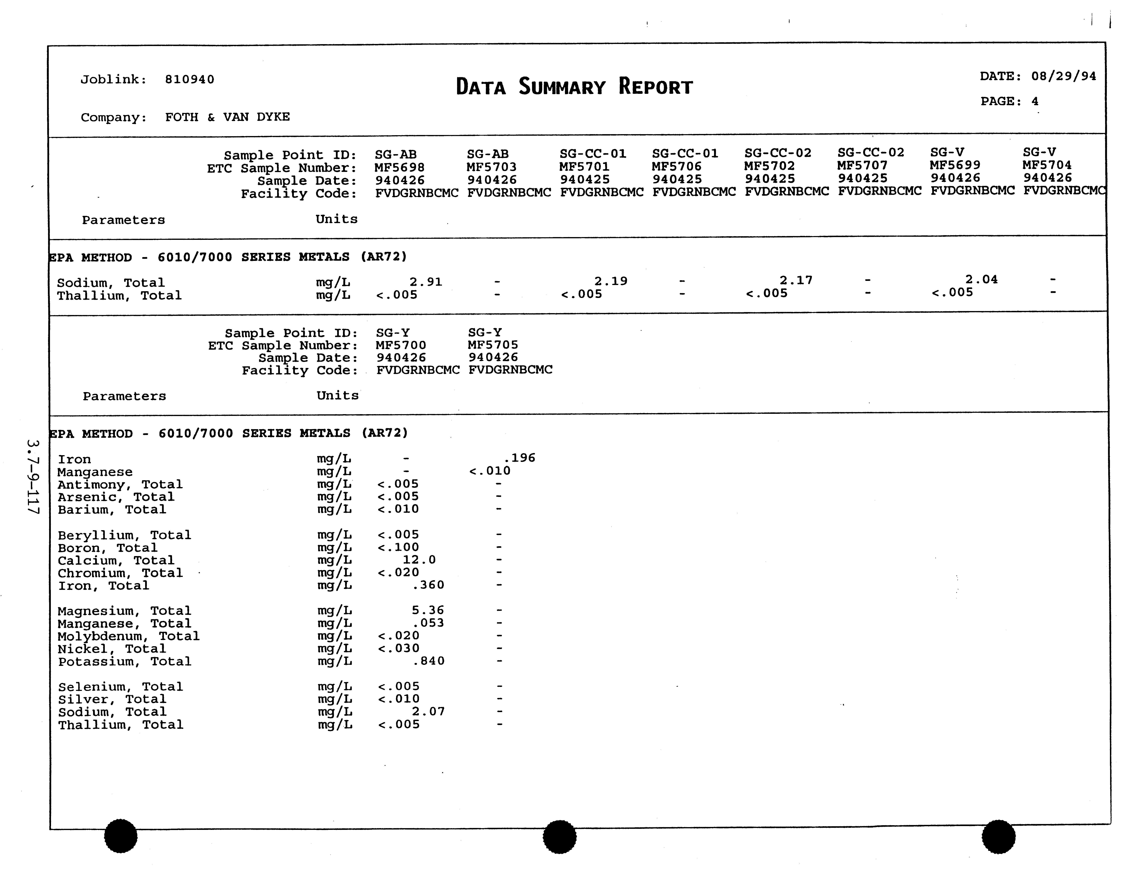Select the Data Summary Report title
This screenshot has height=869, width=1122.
[574, 87]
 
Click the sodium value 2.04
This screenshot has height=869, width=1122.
[981, 279]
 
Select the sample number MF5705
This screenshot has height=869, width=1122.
[493, 345]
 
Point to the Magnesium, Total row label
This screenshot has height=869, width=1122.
[124, 611]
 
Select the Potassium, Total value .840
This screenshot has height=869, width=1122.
[429, 661]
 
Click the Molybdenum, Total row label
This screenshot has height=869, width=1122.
[128, 636]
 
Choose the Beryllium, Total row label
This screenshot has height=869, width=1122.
[124, 535]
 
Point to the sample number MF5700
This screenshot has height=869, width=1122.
[401, 345]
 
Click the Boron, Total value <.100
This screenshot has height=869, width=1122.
[398, 547]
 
